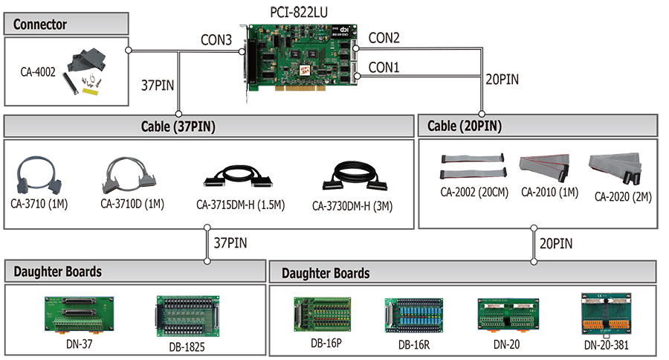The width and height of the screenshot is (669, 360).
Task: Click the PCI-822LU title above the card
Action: pos(299,13)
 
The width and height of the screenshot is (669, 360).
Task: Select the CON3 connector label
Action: pos(216,39)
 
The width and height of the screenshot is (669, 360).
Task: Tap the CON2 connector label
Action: pos(384,38)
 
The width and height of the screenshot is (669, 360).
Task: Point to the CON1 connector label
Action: pos(384,68)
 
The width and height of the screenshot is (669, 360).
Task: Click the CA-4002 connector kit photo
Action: pos(85,71)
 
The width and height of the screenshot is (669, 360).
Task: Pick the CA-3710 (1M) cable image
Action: pos(39,175)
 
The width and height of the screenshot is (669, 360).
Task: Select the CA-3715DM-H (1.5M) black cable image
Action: pos(238,176)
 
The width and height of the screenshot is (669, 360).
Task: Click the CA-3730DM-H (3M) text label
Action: pos(352,206)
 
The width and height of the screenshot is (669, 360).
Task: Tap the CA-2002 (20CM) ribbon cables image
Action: pos(474,167)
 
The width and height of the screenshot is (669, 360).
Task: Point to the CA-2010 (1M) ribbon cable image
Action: pos(544,167)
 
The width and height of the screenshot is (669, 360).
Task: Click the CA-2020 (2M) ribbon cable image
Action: pos(615,168)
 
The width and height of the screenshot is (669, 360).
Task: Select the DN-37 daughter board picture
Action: pos(79,315)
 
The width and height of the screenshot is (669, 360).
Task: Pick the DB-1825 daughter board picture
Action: pos(188,316)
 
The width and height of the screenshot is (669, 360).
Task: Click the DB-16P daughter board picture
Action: pos(323,315)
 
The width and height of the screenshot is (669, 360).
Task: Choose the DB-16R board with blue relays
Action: pos(414,315)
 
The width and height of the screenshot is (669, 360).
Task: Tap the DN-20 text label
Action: pos(506,344)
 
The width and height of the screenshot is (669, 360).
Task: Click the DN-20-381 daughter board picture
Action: pos(607,314)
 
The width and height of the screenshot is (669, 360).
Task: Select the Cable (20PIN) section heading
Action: pos(464,126)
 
